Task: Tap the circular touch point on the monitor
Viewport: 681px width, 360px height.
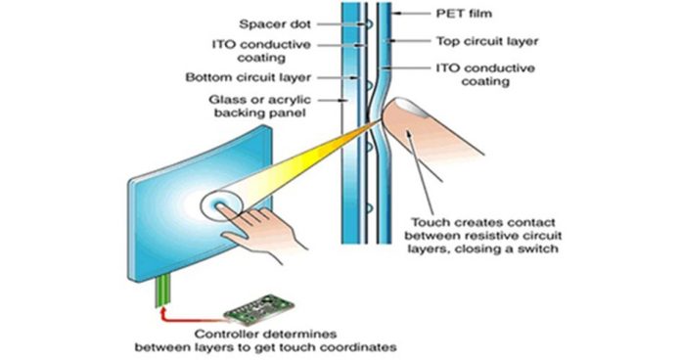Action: (x=223, y=208)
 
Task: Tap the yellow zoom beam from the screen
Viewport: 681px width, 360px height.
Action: (x=294, y=166)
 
